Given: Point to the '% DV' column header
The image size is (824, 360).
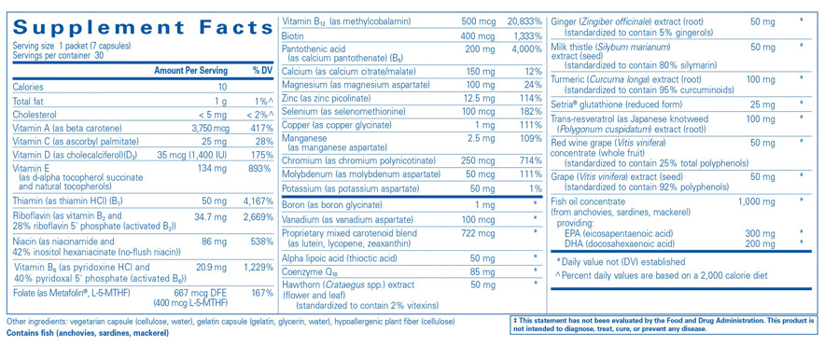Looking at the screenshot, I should (262, 71).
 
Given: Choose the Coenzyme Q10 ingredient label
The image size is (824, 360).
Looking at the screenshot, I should (320, 272).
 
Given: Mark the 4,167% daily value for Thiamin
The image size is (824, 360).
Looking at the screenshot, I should (256, 201).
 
